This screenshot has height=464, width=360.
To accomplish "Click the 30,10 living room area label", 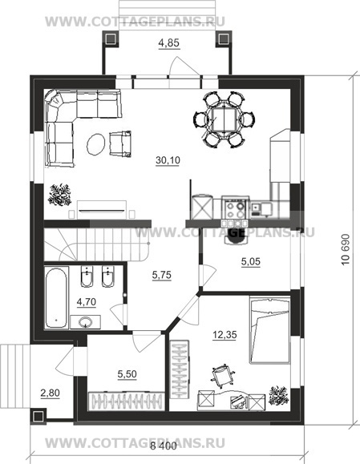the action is click(168, 160).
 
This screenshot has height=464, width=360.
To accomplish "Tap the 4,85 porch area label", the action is click(168, 43).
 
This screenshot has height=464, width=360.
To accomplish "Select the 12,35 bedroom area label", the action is click(224, 335).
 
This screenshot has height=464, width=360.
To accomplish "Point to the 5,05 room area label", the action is click(251, 261).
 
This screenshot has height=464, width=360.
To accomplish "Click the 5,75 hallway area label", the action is click(162, 275).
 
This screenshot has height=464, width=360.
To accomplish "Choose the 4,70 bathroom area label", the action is click(86, 302).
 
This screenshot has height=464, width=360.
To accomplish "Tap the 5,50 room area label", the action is click(127, 374).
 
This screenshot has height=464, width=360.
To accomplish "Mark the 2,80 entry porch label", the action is click(50, 393).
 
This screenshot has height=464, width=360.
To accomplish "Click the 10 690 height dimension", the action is click(346, 250).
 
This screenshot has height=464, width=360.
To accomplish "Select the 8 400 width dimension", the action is click(163, 446).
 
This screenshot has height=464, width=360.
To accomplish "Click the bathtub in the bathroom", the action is click(56, 297).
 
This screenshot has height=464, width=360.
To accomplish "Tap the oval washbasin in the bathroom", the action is click(85, 322).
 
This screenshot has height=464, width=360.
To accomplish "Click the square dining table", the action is click(224, 119).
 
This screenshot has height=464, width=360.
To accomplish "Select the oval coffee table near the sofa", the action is click(96, 144).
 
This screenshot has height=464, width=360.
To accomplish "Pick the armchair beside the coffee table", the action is click(120, 143).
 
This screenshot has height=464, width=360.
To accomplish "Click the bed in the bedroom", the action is click(269, 330).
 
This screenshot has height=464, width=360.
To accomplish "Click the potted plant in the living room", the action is click(60, 195).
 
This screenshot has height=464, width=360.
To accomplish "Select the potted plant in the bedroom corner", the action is click(278, 395).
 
